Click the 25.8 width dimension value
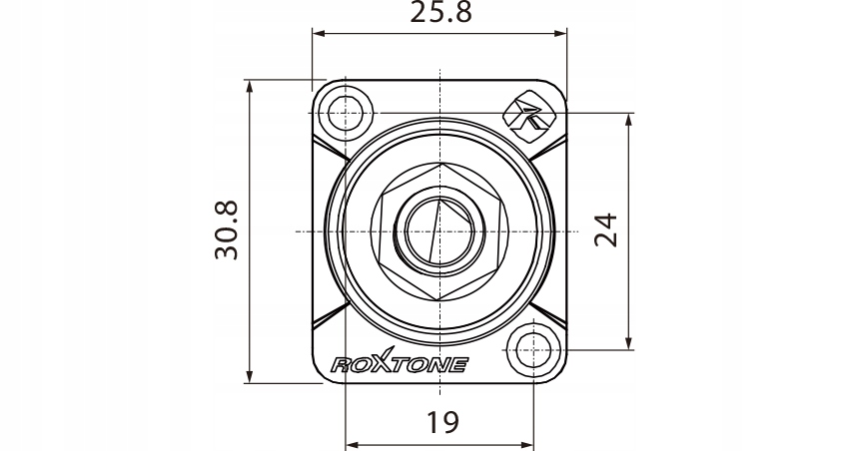(440, 12)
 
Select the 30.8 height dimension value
(227, 229)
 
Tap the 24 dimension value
(606, 229)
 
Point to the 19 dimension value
(442, 422)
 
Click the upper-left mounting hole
(345, 113)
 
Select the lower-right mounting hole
(534, 350)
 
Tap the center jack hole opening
(439, 231)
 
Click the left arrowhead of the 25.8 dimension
(319, 34)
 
